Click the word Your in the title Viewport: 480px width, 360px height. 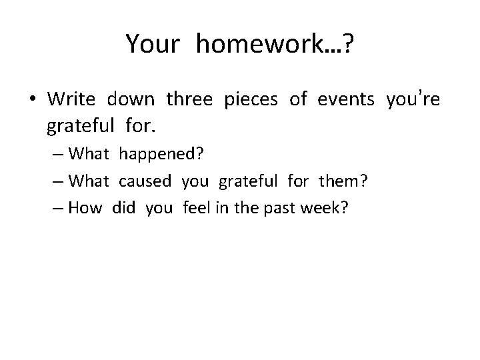[x=153, y=45]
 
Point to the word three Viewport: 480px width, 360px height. [x=189, y=100]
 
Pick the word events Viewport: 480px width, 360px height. [x=347, y=100]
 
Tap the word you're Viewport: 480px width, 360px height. [x=413, y=100]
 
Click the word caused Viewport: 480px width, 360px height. [x=147, y=181]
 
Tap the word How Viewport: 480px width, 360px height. [x=85, y=207]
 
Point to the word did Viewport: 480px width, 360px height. [x=123, y=207]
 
